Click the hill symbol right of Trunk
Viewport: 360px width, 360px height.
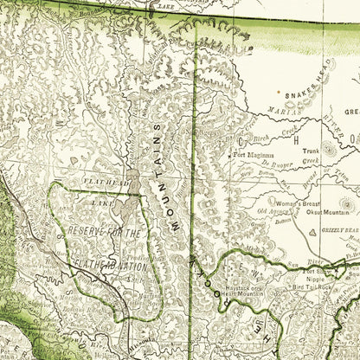click(329, 149)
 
